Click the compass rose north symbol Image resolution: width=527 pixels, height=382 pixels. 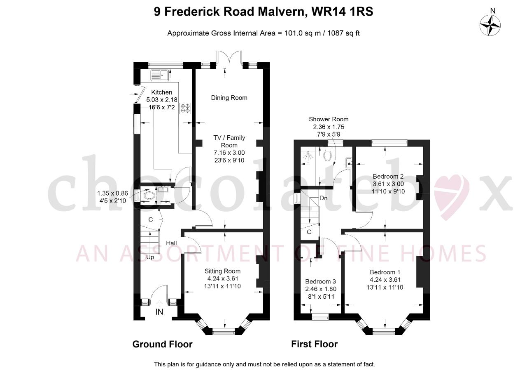(490, 25)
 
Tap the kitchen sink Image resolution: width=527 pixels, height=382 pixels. (160, 75)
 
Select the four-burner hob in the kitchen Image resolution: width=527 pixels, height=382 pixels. (185, 108)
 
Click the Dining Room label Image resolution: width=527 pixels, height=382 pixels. (229, 98)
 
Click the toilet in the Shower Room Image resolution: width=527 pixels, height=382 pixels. (327, 154)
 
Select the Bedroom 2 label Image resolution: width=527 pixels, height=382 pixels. (388, 176)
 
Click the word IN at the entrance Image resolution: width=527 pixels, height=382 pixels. (159, 312)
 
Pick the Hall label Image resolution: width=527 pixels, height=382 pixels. (171, 243)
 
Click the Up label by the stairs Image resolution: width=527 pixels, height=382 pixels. (150, 257)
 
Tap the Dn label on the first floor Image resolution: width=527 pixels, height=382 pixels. (324, 198)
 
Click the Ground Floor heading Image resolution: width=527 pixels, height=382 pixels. (162, 344)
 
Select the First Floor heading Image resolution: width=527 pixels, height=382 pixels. (314, 344)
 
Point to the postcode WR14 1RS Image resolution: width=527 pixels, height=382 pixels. (342, 12)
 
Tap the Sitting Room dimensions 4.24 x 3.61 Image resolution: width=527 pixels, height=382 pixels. (223, 278)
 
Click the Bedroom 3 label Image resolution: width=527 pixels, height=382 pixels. (320, 281)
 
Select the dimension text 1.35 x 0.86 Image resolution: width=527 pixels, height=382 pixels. (112, 193)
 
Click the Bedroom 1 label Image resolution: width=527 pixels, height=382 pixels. (385, 272)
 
